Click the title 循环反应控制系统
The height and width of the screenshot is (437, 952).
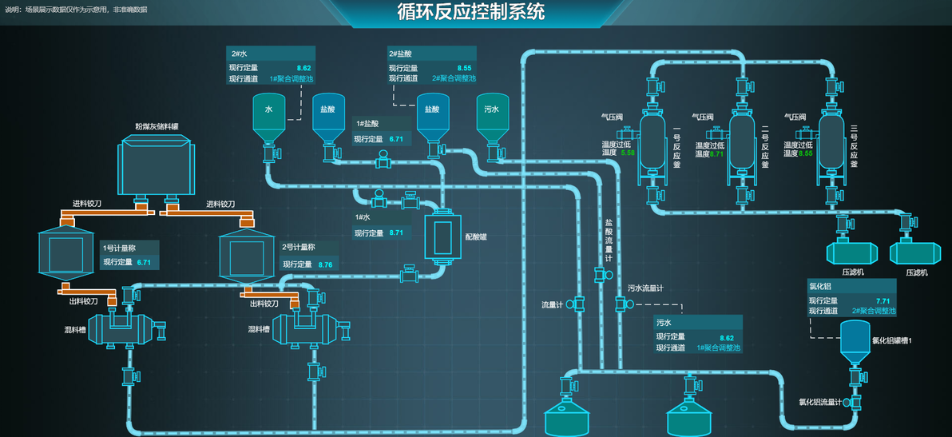click(471, 12)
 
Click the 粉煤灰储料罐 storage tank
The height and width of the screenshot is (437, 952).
click(157, 165)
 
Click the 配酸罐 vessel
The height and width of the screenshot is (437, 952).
click(442, 237)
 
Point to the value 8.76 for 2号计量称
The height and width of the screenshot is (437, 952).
click(325, 264)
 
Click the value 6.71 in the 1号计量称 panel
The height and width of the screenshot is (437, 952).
click(144, 262)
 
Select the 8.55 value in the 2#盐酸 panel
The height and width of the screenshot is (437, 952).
click(464, 68)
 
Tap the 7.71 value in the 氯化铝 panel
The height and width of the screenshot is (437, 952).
click(883, 300)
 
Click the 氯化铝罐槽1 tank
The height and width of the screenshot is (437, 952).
click(855, 340)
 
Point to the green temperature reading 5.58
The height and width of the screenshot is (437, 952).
click(627, 153)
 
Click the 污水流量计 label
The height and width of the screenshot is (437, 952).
click(645, 288)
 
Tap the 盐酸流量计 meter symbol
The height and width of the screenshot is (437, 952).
click(600, 276)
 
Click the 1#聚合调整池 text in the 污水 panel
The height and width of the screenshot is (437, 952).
click(718, 348)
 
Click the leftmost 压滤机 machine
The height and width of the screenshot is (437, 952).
click(851, 253)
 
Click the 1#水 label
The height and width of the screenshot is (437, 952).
click(363, 217)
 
